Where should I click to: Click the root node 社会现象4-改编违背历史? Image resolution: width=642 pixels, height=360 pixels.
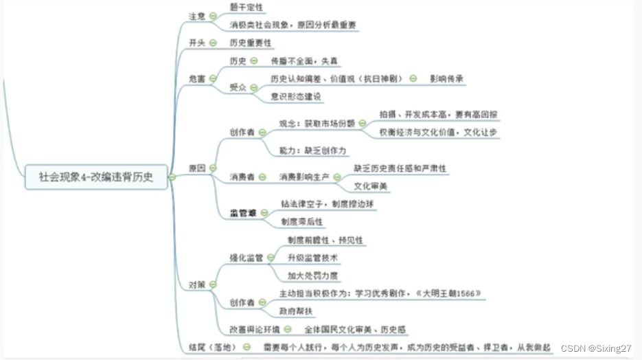[x=96, y=177]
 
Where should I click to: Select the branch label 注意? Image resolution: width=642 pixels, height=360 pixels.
[x=197, y=16]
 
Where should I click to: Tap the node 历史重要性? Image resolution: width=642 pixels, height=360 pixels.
[x=250, y=43]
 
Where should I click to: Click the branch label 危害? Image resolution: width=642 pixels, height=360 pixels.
[x=197, y=79]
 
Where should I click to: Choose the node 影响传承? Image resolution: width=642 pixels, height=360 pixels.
[x=447, y=78]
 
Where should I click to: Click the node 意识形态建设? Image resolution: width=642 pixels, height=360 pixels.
[x=296, y=96]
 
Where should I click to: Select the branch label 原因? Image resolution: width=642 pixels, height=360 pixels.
[x=197, y=168]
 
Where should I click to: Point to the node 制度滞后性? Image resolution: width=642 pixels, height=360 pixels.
[x=301, y=222]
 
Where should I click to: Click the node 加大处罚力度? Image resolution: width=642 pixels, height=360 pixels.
[x=312, y=275]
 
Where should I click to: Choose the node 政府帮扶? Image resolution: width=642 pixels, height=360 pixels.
[x=296, y=311]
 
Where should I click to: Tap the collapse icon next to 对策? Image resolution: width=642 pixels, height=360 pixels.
[x=213, y=284]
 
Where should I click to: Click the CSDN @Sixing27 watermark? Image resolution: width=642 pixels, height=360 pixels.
[x=595, y=349]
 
